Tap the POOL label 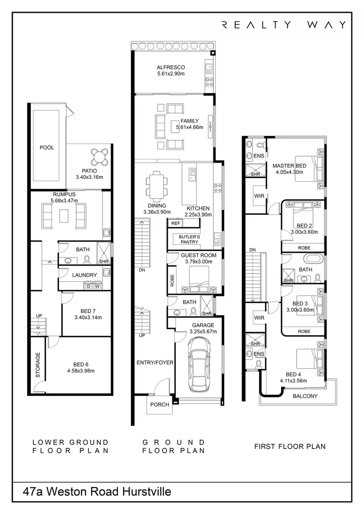(x=47, y=148)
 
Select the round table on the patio (x=100, y=156)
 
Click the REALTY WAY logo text (x=284, y=25)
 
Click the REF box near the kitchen (x=175, y=223)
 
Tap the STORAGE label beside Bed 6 (x=38, y=365)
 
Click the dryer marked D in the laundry (x=88, y=286)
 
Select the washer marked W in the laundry (x=97, y=286)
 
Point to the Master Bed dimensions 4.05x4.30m (x=289, y=172)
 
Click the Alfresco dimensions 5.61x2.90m (x=171, y=74)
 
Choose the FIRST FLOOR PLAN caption (x=290, y=446)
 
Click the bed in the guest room (x=200, y=279)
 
